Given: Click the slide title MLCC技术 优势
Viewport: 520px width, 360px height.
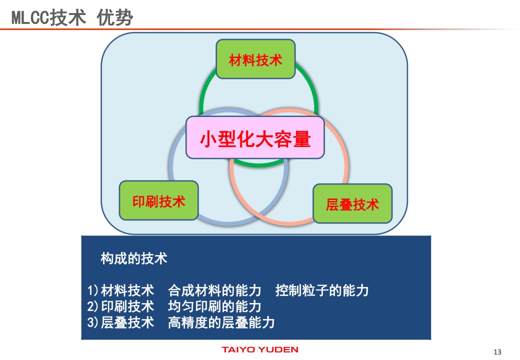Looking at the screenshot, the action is [x=72, y=17].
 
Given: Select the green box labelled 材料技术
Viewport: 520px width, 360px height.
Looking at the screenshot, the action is [x=255, y=59].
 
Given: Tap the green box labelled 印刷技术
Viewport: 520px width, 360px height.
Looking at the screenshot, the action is [x=159, y=200].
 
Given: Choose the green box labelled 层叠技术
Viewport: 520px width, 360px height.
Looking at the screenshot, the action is [x=352, y=203].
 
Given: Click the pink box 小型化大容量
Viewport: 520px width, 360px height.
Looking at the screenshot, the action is [x=255, y=137].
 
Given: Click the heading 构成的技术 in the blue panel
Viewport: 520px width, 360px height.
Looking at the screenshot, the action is [x=134, y=258].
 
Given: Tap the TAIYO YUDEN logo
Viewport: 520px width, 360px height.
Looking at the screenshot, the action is [x=260, y=349].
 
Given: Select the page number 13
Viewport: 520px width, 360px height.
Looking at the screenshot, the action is [x=497, y=352].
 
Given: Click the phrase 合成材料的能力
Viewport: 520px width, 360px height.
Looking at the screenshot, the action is [x=214, y=290].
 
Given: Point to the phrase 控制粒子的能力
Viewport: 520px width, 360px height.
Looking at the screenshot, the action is [x=322, y=290].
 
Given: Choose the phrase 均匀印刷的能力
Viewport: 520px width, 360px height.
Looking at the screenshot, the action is [x=214, y=306].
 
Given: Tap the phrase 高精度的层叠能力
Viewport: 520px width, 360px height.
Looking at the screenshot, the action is [x=221, y=322].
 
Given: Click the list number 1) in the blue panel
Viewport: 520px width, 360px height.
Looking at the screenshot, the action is [x=93, y=290].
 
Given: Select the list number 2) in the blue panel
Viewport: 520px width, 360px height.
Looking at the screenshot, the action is [x=93, y=306].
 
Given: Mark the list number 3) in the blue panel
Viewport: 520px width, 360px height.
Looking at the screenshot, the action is [x=93, y=322].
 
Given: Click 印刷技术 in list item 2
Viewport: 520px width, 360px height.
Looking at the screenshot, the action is [x=127, y=306].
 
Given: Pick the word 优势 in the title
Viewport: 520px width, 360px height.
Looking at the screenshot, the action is [x=114, y=17].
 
